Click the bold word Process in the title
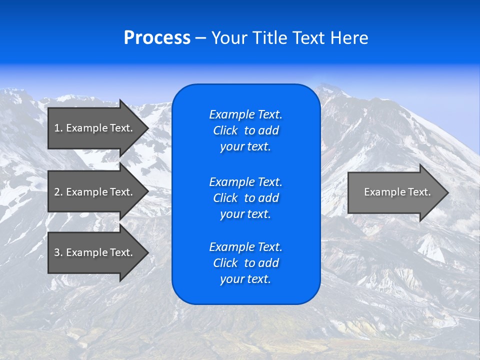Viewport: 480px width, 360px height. click(x=157, y=38)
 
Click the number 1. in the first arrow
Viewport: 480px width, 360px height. click(x=58, y=128)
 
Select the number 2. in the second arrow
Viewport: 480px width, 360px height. click(x=58, y=192)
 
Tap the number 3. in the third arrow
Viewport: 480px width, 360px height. click(x=58, y=252)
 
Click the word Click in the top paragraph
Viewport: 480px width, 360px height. click(x=225, y=131)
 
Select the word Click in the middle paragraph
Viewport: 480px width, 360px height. click(x=225, y=198)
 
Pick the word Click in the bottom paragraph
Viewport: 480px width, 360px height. click(x=225, y=263)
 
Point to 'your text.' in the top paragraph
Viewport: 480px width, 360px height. click(x=245, y=147)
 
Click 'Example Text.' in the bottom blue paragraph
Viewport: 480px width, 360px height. click(x=245, y=247)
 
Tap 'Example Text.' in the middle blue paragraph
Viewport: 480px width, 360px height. click(x=245, y=182)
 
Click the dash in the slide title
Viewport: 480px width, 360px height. click(x=201, y=38)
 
